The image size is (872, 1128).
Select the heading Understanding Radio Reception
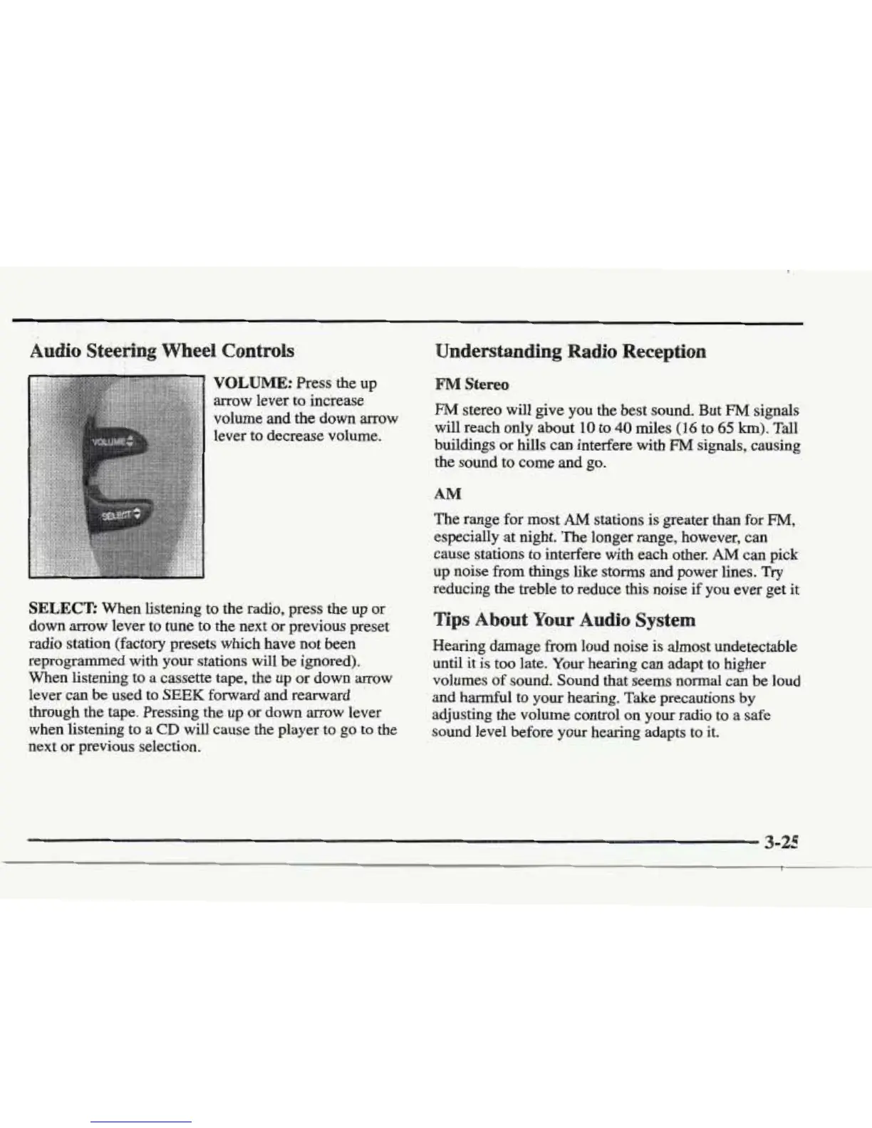[570, 352]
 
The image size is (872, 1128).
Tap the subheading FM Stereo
[472, 385]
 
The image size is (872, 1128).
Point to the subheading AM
[447, 493]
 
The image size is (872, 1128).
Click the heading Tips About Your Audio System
[564, 620]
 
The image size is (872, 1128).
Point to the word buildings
[460, 446]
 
